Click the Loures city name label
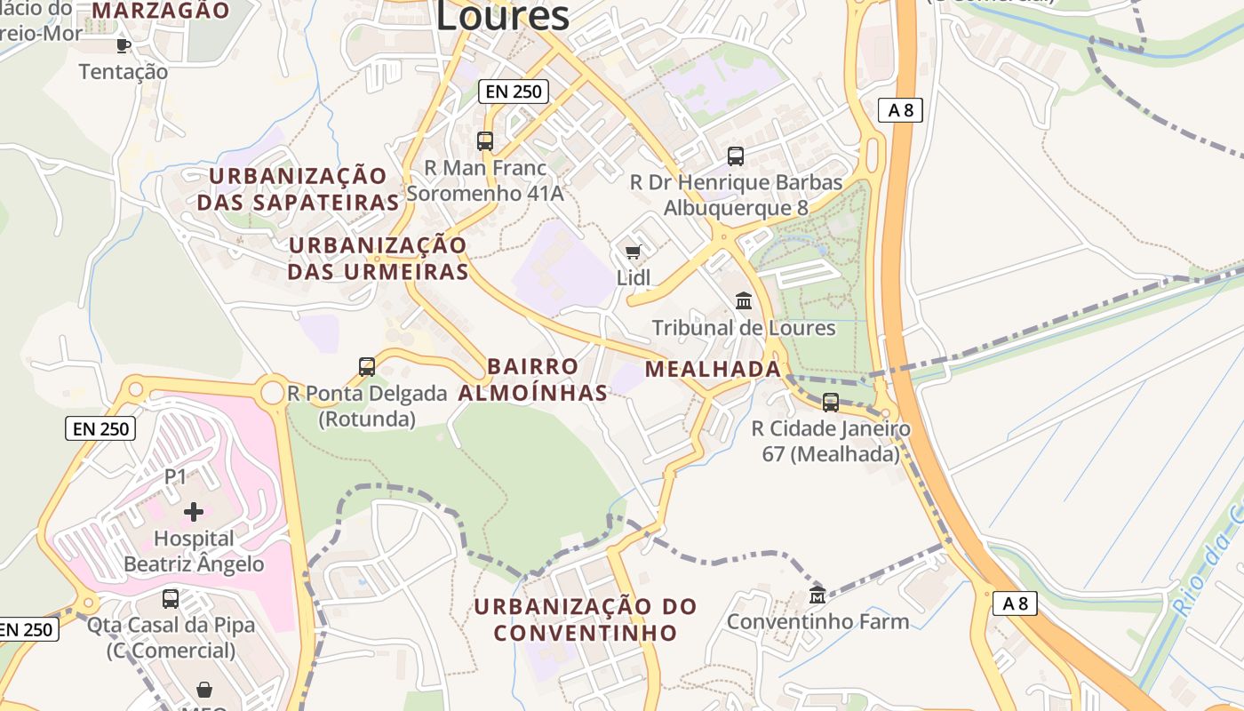coord(502,15)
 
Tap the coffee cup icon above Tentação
coord(123,45)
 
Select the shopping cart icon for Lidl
coord(634,252)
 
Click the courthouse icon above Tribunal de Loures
coord(744,301)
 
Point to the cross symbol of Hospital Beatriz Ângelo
coord(194,512)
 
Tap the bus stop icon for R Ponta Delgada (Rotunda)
coord(366,366)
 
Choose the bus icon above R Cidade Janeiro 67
coord(831,403)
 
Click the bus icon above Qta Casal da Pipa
coord(170,598)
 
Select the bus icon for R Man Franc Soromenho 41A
coord(485,140)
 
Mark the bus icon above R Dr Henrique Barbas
coord(736,156)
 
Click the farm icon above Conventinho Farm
coord(817,595)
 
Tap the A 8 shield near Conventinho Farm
coord(1015,603)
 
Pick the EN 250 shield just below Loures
coord(514,91)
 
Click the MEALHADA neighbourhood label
coord(713,369)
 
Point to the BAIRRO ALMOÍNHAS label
coord(533,379)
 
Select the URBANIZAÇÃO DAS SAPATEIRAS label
coord(299,188)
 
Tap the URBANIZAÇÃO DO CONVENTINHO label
coord(586,619)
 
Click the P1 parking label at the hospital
coord(176,477)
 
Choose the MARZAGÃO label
coord(161,11)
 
